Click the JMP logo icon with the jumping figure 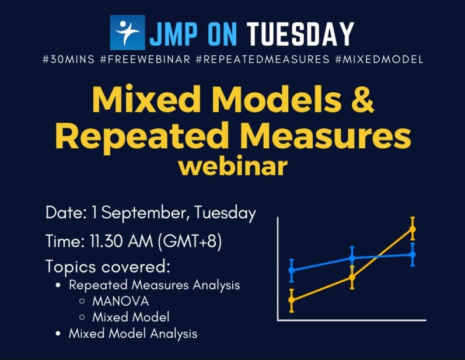(127, 33)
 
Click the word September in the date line (143, 214)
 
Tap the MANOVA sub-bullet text (120, 302)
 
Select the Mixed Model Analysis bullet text (132, 334)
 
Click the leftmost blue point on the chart (292, 270)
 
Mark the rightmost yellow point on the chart (412, 229)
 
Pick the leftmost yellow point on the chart (292, 300)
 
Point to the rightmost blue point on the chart (412, 254)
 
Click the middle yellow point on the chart (352, 277)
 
